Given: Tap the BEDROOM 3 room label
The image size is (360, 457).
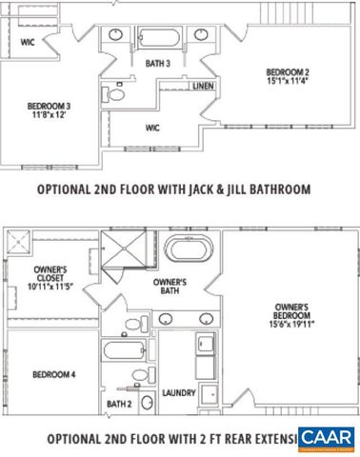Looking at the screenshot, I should pos(45,108).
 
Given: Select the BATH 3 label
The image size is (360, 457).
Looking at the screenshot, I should pos(157,64).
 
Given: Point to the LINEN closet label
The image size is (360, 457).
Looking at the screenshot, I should pos(202,87).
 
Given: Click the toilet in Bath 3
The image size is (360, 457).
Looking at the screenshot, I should pos(117,93).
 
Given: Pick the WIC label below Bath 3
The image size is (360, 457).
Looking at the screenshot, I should pos(152,127).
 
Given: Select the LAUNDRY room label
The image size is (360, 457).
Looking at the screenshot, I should pos(179,391).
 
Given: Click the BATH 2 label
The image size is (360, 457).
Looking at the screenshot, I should pos(118,405).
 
